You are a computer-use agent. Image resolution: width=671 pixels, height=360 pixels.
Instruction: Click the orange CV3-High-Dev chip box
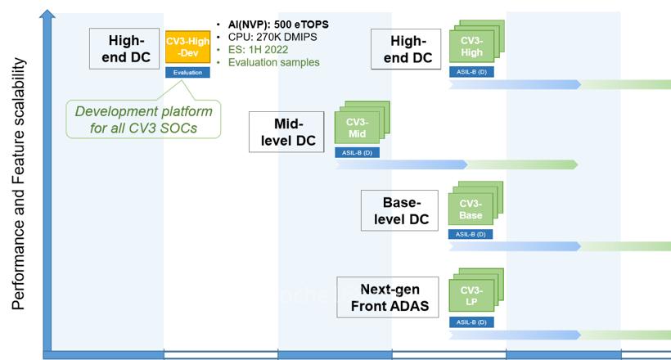(187, 47)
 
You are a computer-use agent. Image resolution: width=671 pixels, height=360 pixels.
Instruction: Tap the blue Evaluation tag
(187, 72)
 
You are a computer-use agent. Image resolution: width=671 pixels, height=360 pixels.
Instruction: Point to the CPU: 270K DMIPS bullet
(269, 37)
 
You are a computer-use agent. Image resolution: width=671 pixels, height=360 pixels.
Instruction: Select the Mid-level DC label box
(286, 133)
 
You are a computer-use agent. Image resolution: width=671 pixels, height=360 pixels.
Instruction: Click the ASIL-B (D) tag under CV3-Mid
(357, 153)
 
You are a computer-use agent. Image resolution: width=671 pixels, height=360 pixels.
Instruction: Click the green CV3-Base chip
(471, 209)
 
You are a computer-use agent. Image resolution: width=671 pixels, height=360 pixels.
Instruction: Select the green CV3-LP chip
(471, 297)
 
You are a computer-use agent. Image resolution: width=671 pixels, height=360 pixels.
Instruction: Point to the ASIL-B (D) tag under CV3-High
(471, 72)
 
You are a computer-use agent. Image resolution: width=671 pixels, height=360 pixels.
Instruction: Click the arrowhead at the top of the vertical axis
(47, 15)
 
